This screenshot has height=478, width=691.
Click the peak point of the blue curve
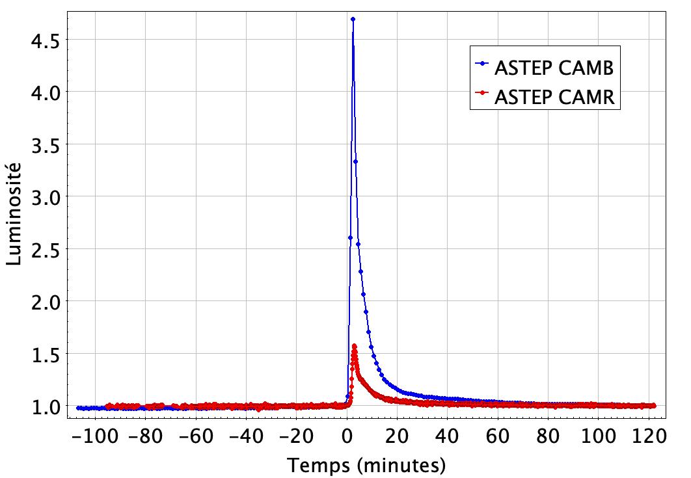click(x=353, y=19)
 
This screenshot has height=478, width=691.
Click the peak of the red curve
click(x=354, y=345)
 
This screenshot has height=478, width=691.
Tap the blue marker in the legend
click(x=483, y=64)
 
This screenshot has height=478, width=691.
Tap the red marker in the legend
click(x=483, y=94)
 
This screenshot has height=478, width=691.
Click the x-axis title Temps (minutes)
click(x=367, y=464)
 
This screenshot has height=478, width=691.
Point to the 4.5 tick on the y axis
click(x=46, y=40)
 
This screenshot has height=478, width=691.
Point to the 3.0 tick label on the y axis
click(x=46, y=197)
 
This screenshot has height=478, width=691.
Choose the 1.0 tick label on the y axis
click(x=46, y=406)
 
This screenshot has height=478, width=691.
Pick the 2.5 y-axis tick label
click(x=46, y=249)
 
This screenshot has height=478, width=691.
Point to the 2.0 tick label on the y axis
click(x=46, y=302)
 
